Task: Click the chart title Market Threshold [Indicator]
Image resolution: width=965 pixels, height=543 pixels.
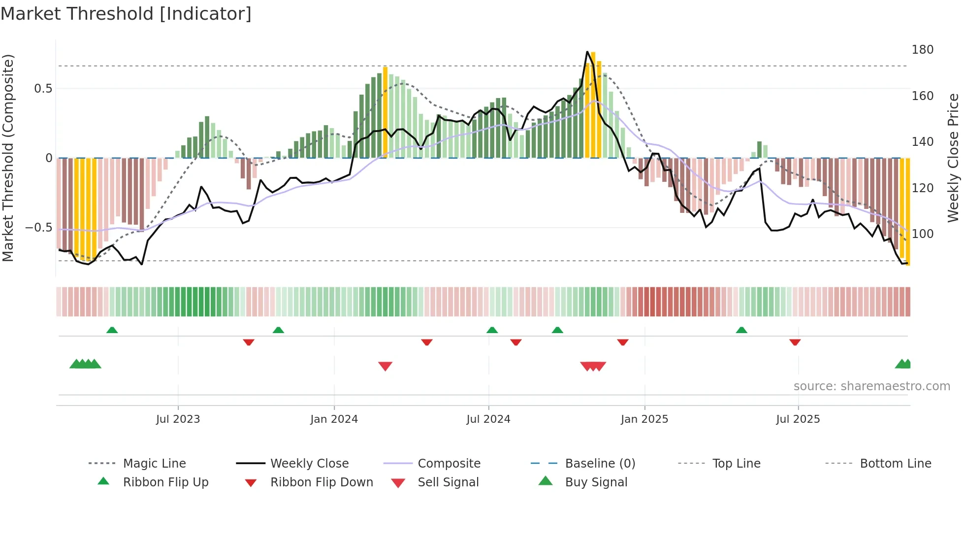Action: pos(126,14)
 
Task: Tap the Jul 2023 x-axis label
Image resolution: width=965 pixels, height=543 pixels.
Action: pos(178,419)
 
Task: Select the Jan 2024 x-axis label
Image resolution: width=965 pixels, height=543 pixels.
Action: pos(334,419)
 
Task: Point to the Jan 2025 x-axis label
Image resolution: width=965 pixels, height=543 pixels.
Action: pos(644,419)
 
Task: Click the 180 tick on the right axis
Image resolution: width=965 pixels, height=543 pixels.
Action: pos(922,50)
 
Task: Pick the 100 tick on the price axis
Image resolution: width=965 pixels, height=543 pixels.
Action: pos(922,234)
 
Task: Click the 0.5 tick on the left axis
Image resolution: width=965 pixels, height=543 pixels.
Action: pos(43,89)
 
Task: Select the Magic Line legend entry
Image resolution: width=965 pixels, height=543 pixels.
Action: pos(154,464)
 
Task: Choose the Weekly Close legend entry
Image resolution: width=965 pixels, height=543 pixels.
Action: pos(309,464)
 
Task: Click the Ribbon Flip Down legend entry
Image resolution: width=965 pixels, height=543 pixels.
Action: pos(322,482)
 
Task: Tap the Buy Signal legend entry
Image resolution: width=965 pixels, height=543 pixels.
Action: pos(596,482)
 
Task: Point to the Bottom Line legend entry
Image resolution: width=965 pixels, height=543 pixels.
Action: pos(895,464)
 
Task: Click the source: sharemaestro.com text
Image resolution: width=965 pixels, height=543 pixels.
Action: pos(871,386)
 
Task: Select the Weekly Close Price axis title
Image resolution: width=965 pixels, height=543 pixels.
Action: pos(953,158)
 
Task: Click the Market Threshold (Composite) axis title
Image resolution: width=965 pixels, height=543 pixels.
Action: pos(8,158)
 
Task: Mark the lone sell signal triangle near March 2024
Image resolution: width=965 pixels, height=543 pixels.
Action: pos(385,366)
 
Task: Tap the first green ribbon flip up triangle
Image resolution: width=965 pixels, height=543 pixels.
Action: pos(112,330)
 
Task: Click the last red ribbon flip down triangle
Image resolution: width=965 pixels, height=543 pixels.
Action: pos(795,342)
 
